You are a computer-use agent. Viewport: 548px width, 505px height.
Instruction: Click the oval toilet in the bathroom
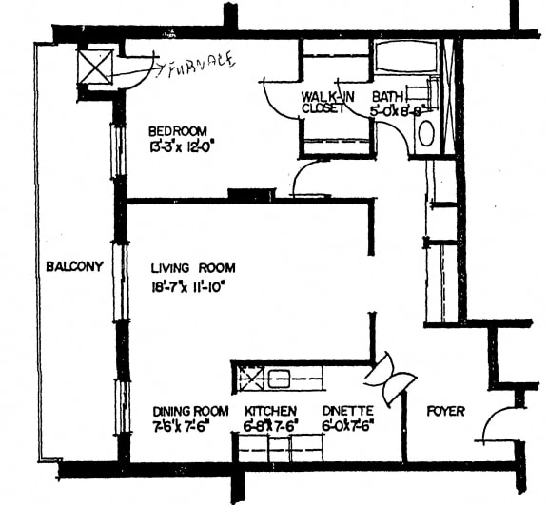(425, 132)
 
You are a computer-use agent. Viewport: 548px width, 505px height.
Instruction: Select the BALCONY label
(73, 267)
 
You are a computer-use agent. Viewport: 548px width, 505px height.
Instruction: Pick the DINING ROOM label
(190, 411)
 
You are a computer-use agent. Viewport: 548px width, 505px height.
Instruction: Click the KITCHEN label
(271, 411)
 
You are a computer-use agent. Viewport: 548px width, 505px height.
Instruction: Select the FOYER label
(445, 412)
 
